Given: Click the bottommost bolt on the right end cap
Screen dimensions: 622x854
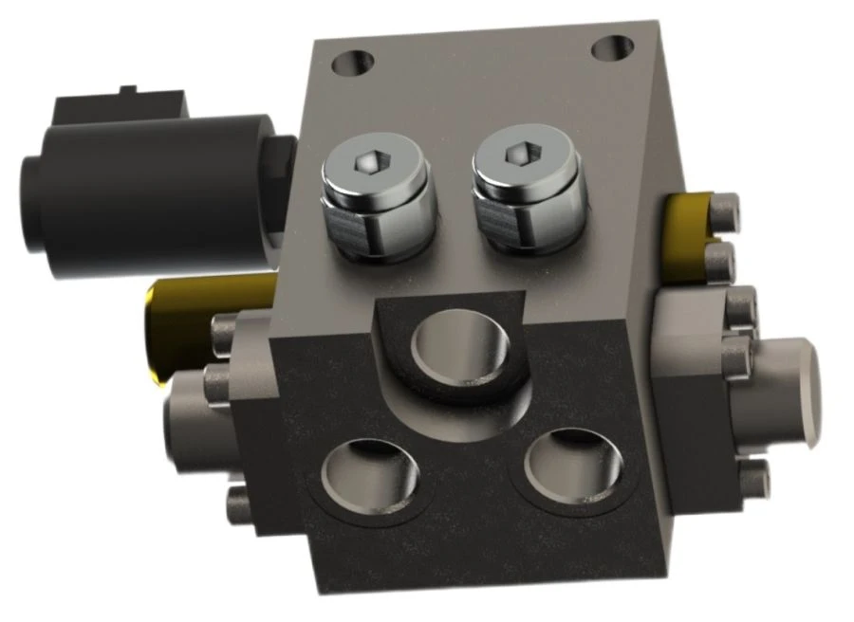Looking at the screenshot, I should [754, 480].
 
